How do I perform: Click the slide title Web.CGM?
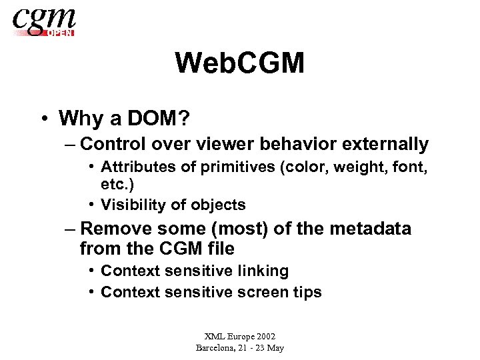[239, 64]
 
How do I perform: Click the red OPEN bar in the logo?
[59, 32]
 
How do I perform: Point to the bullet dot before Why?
[43, 119]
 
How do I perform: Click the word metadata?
[372, 229]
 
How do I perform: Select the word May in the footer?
[275, 348]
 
